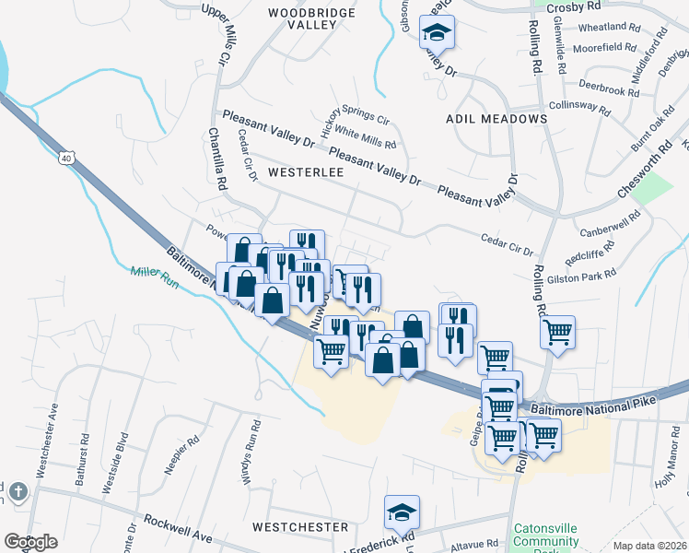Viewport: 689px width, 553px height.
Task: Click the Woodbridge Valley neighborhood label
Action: pos(302,18)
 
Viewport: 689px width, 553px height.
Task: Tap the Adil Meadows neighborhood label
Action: pos(496,119)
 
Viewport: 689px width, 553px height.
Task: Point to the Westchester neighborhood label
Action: pos(300,527)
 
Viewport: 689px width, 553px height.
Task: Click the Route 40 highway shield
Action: pos(66,159)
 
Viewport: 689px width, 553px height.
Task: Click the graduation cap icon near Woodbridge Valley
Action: pos(436,33)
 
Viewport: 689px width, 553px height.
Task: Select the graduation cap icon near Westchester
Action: pos(402,512)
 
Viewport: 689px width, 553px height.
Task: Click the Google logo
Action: pos(30,542)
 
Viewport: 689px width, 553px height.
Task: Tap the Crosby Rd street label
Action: pos(566,6)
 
